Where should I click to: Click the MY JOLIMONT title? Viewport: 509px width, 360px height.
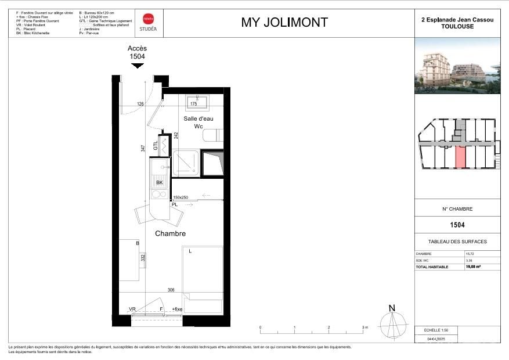click(284, 23)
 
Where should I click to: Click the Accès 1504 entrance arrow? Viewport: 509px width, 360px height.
click(137, 66)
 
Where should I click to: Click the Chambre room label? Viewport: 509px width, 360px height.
click(170, 233)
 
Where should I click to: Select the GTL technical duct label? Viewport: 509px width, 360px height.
click(156, 146)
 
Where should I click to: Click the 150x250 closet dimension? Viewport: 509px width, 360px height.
click(181, 197)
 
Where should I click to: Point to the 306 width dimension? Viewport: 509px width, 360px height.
click(171, 290)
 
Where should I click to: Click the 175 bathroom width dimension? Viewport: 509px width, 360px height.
click(194, 105)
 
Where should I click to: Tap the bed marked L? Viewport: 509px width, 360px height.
click(203, 273)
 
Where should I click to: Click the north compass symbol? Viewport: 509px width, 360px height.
click(392, 321)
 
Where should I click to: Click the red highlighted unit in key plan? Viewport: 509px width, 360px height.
click(461, 156)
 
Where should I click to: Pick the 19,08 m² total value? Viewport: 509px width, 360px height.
click(474, 267)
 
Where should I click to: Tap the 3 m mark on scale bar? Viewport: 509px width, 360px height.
click(364, 328)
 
